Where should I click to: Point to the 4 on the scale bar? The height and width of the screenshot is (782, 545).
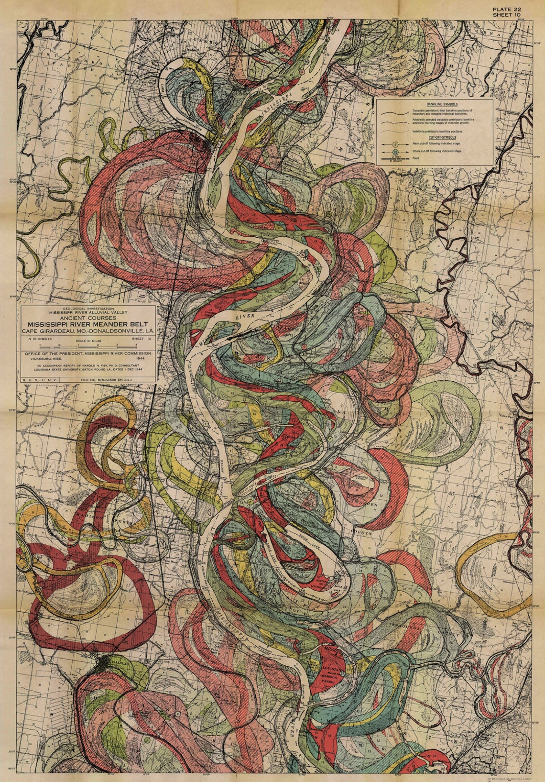coord(136,344)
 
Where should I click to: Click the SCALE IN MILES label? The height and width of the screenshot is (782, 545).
coord(88,341)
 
